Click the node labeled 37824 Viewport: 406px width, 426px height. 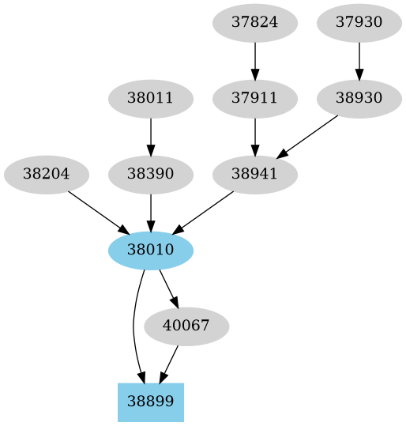(255, 22)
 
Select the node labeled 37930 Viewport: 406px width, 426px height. (359, 22)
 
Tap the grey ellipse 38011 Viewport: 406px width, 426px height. (151, 99)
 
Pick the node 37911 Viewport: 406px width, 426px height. (255, 99)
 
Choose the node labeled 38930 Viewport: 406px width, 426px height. (359, 99)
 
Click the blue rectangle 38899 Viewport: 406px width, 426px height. (151, 402)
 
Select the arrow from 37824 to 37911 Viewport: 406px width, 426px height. (255, 60)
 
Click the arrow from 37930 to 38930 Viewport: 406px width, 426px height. (359, 60)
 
